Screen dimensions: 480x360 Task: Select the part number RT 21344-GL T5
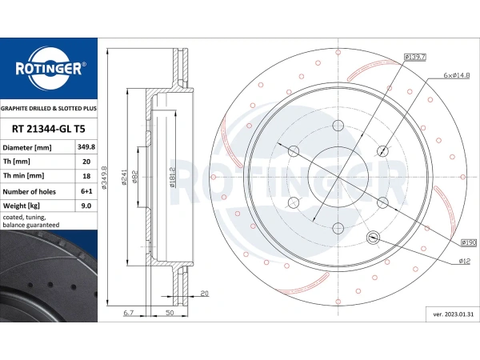click(48, 129)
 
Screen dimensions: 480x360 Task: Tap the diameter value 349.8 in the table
click(86, 147)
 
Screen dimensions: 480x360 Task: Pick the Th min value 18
click(86, 176)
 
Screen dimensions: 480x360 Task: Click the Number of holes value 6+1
click(86, 191)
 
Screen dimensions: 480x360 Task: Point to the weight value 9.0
click(86, 206)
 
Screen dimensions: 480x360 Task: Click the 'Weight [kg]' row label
click(21, 206)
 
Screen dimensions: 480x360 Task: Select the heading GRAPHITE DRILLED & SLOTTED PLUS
click(49, 108)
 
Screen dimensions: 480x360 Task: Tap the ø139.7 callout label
click(415, 57)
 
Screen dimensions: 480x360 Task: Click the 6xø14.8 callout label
click(457, 75)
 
